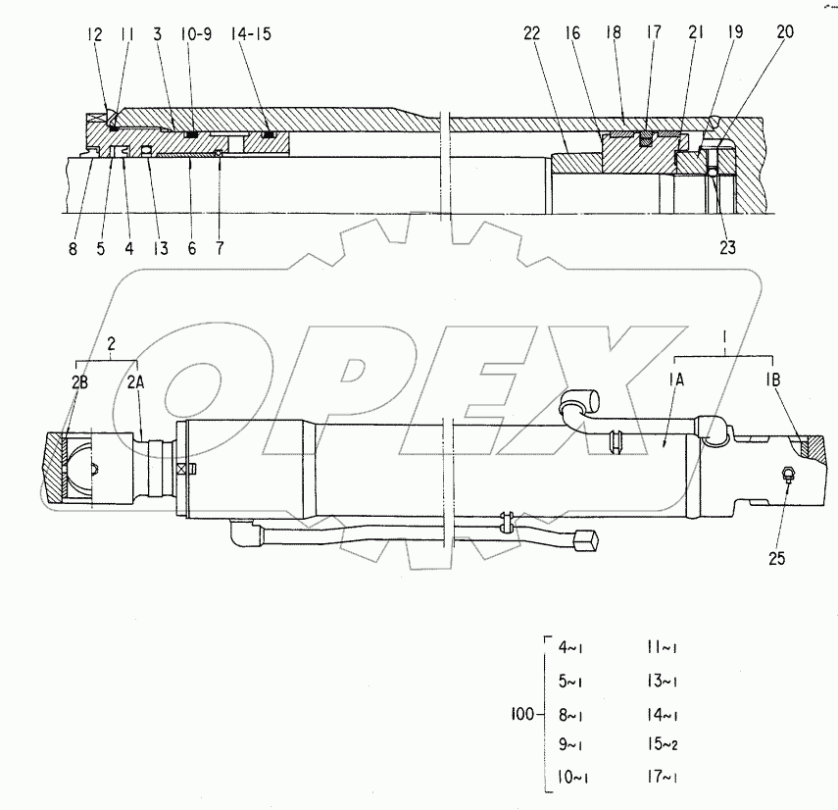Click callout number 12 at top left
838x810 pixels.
[94, 33]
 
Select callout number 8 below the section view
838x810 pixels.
[73, 249]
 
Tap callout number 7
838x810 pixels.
[219, 249]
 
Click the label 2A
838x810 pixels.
[136, 383]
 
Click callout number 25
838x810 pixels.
[775, 559]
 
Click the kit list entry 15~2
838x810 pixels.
[663, 744]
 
